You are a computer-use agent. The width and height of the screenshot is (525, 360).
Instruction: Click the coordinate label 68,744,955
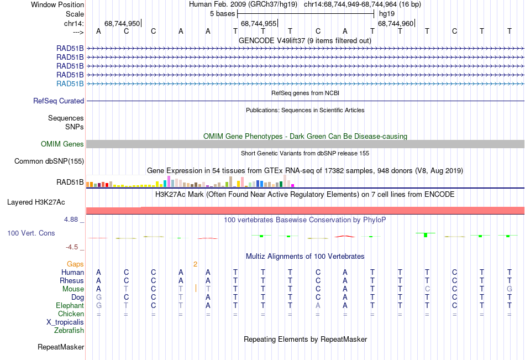pos(259,23)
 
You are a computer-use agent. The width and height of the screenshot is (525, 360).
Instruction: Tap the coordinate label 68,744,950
pos(122,23)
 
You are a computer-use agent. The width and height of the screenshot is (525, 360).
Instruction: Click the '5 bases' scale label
pos(222,13)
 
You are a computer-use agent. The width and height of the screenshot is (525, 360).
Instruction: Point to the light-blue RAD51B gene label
pos(70,84)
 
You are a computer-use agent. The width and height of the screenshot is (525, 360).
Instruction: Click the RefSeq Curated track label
pos(59,101)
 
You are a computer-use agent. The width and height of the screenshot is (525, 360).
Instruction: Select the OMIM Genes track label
pos(62,144)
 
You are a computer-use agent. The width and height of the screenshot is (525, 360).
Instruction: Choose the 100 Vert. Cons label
pos(31,233)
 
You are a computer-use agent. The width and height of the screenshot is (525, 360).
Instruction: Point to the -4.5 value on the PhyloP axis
pos(73,247)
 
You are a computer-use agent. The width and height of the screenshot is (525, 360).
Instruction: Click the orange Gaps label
pos(76,264)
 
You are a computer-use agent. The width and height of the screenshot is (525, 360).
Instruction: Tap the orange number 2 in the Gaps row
pos(195,264)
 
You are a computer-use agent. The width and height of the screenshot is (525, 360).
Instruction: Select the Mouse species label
pos(73,289)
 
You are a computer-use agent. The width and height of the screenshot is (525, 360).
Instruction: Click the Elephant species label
pos(70,306)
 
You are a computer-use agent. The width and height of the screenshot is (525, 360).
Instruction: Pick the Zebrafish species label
pos(69,331)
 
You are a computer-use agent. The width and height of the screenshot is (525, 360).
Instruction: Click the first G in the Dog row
pos(99,298)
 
